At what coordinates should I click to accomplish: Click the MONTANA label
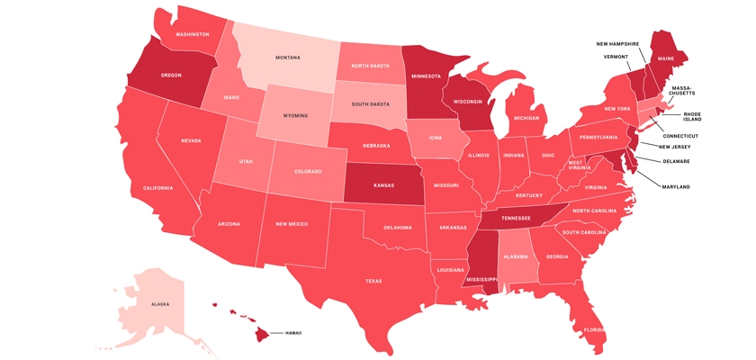(288, 58)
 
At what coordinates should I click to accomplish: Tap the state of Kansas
(383, 184)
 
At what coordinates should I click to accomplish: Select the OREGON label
(171, 76)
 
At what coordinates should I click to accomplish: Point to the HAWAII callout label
(293, 333)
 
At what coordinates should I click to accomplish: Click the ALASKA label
(160, 304)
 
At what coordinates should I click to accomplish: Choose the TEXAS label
(373, 281)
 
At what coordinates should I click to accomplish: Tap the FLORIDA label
(594, 329)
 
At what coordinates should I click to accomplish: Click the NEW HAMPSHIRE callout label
(617, 43)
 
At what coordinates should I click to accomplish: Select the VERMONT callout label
(616, 57)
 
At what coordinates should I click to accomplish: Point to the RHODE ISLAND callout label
(691, 117)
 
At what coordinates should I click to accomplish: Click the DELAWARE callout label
(677, 162)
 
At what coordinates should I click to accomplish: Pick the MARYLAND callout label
(677, 186)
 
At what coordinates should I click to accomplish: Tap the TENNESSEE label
(516, 218)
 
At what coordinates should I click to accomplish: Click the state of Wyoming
(295, 116)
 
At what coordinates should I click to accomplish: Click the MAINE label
(665, 58)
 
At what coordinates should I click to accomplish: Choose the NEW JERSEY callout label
(675, 147)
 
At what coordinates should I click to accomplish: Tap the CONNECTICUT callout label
(680, 136)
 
